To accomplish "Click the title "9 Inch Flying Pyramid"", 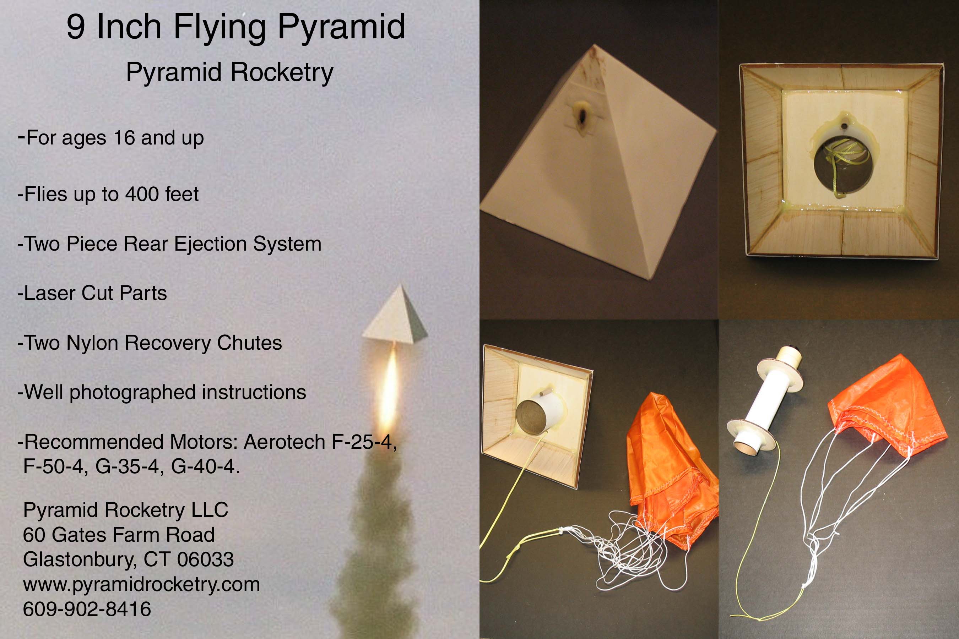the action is coord(236,28).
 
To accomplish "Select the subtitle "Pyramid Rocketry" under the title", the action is coord(229,72).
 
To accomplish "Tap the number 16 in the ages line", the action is coord(124,138).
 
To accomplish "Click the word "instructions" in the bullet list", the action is coord(254,392).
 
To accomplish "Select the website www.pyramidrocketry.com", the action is coord(141,585).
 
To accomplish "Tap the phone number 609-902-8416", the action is coord(87,609).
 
